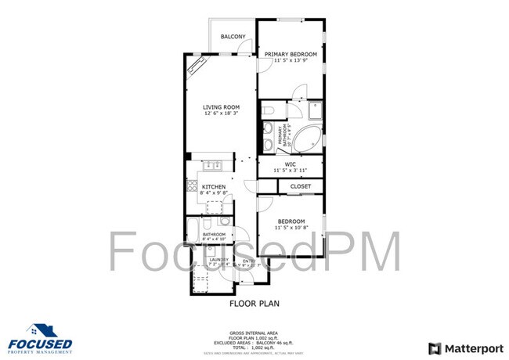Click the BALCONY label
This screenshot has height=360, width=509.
click(x=233, y=37)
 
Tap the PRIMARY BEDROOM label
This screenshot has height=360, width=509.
click(x=290, y=54)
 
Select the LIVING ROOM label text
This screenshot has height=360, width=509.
click(x=221, y=107)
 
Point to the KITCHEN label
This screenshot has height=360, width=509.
click(x=214, y=187)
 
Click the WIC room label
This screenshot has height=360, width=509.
click(x=290, y=164)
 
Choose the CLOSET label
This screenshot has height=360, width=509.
click(x=301, y=186)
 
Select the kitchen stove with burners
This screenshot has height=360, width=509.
click(x=191, y=187)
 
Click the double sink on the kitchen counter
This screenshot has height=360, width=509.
click(x=211, y=166)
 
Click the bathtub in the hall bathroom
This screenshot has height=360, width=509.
click(x=193, y=231)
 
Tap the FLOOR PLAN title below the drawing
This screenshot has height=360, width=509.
click(x=254, y=303)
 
